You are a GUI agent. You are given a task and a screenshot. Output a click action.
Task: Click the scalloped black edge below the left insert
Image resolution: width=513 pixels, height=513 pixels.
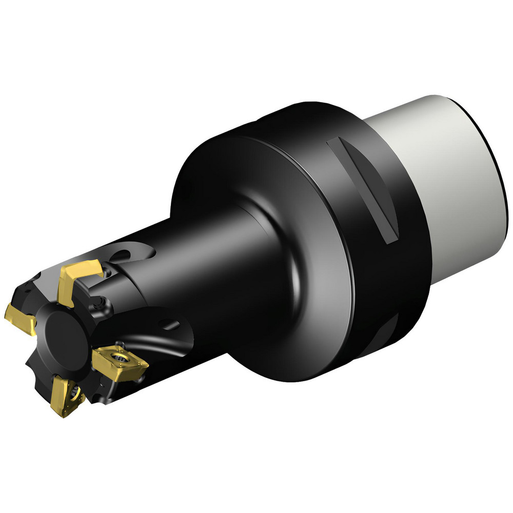pyautogui.click(x=38, y=369)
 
